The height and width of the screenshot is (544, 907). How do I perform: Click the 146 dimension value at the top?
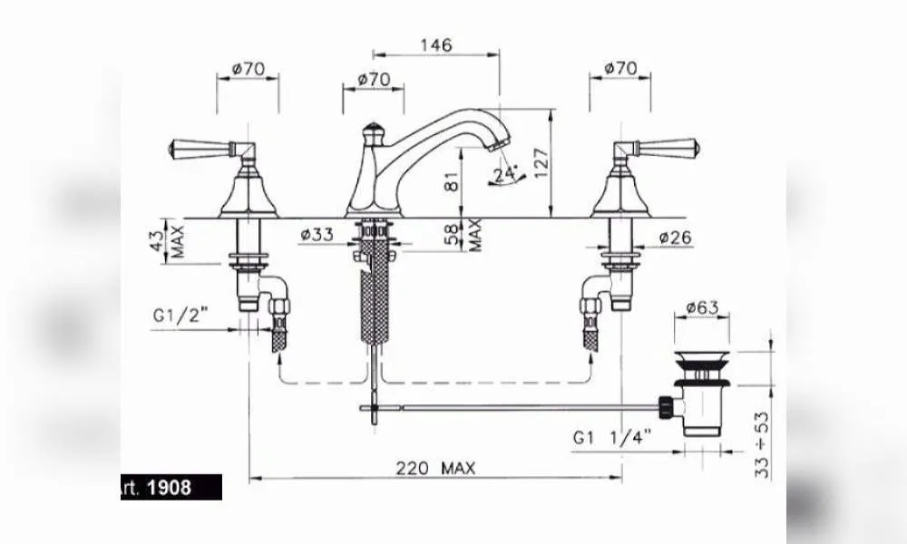436,45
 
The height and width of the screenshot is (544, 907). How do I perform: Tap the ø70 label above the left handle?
249,69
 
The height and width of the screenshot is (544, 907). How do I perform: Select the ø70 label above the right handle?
620,68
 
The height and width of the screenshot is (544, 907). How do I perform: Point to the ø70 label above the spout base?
374,79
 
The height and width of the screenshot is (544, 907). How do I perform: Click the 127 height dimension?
541,163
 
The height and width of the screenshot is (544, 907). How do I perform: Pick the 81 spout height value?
453,181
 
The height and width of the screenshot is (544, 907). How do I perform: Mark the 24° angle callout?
506,174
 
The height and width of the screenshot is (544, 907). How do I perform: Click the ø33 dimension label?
317,234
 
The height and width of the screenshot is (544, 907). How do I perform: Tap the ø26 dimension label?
675,237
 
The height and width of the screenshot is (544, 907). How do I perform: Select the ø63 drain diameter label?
702,307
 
